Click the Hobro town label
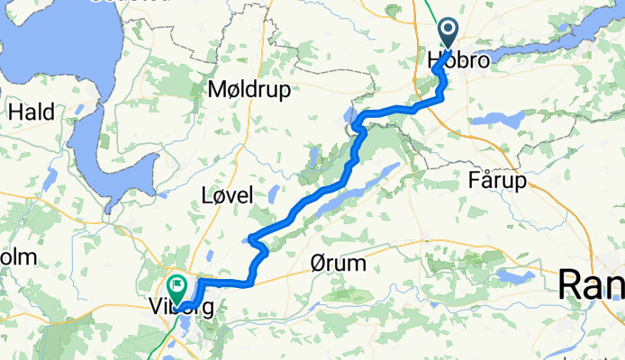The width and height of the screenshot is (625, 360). [x=460, y=62]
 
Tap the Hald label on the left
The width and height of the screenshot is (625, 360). [x=31, y=112]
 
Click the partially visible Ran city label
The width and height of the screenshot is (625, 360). [x=592, y=286]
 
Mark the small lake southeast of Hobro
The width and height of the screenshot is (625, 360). [x=492, y=118]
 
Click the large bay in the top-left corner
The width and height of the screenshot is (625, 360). [x=54, y=45]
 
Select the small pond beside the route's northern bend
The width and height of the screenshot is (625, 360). [x=349, y=115]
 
